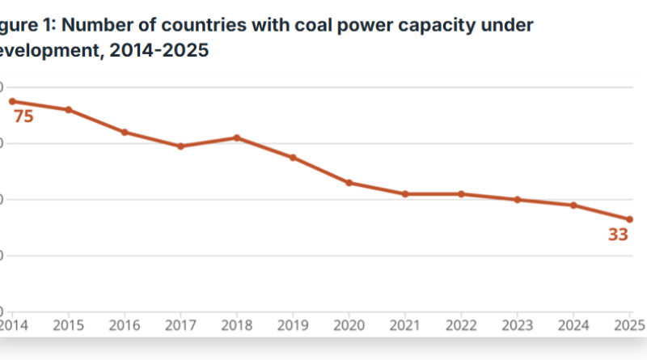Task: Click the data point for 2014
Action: pos(12,101)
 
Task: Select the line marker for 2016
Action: pos(125,132)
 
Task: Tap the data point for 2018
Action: pos(237,138)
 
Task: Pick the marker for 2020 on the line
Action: pos(349,183)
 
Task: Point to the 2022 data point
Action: pos(461,194)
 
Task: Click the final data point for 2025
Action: pos(629,219)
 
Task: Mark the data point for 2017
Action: pos(180,146)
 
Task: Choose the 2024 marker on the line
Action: pos(573,205)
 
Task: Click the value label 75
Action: pos(23,116)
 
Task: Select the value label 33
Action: pos(618,235)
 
